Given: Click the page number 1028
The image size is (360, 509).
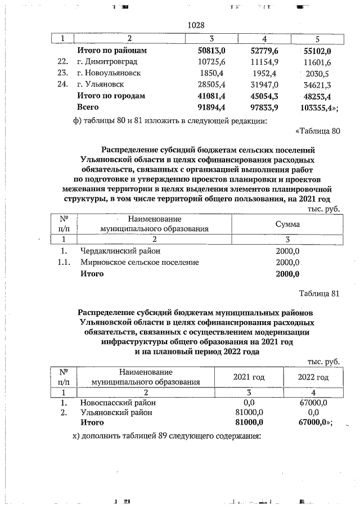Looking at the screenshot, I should click(x=195, y=26).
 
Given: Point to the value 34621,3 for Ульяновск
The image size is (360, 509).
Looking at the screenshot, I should click(x=316, y=85).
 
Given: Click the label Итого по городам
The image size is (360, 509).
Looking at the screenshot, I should click(x=111, y=96).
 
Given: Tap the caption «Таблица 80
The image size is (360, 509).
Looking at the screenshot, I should click(x=318, y=132).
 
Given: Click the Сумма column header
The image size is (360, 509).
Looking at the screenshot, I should click(x=287, y=224).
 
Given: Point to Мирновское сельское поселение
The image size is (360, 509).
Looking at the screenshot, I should click(x=139, y=262).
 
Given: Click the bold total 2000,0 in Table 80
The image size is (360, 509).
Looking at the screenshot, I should click(x=287, y=274).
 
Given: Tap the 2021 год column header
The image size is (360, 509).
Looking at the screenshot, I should click(x=249, y=377).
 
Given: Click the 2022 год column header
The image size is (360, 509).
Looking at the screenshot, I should click(x=313, y=377).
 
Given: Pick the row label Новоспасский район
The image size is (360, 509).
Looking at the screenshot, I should click(x=118, y=403).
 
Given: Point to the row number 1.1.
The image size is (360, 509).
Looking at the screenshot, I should click(x=64, y=262).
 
